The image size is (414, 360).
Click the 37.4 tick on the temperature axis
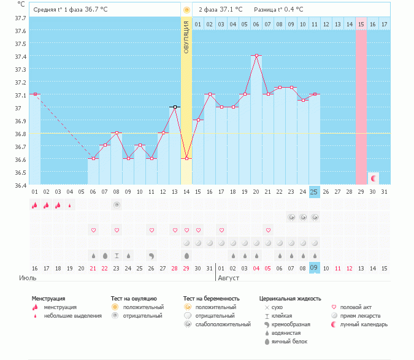20,56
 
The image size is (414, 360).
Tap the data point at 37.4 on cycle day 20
256,55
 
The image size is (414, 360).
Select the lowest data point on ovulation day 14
186,158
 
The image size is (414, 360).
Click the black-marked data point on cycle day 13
175,107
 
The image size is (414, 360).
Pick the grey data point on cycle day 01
35,94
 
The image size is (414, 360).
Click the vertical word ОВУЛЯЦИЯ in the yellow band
186,37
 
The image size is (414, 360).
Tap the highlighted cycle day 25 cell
314,192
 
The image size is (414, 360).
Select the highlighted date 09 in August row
314,268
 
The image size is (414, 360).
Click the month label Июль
28,278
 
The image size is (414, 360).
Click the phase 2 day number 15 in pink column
361,24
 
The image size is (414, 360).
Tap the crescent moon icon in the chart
373,178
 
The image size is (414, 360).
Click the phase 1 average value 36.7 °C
99,10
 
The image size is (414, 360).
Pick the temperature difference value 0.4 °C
291,10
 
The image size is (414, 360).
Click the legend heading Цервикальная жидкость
290,299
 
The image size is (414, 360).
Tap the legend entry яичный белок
290,342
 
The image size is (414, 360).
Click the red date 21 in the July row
93,268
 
